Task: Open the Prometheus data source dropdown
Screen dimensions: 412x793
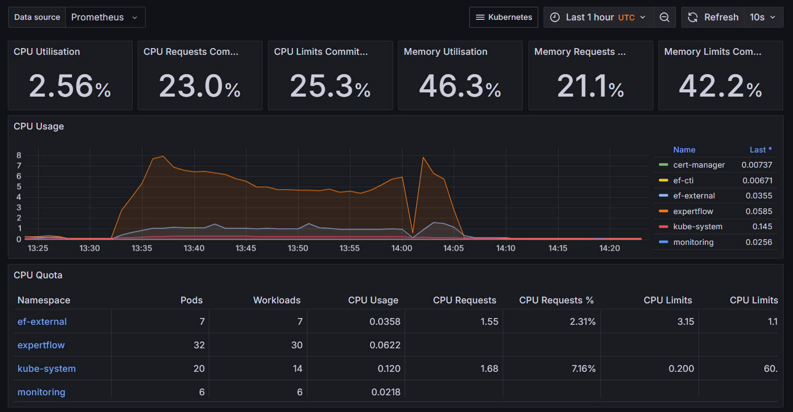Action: tap(104, 17)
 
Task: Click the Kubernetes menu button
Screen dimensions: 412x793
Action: tap(504, 17)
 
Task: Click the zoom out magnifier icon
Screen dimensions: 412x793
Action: tap(665, 17)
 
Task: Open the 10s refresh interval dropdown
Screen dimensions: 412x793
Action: tap(763, 17)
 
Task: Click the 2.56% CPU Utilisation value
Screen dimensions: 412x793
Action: tap(70, 86)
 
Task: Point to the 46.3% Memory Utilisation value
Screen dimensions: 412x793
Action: tap(460, 86)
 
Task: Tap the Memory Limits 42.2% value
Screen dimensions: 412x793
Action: tap(720, 86)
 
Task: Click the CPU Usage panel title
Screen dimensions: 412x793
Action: tap(39, 126)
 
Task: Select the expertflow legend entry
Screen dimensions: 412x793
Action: tap(693, 211)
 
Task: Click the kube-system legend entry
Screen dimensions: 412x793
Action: tap(697, 227)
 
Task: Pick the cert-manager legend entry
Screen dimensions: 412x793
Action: tap(699, 165)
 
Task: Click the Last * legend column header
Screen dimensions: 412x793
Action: tap(760, 150)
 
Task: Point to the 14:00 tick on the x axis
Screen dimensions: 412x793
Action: tap(401, 248)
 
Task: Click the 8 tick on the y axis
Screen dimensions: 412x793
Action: tap(19, 155)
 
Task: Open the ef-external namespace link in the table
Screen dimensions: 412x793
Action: tap(42, 322)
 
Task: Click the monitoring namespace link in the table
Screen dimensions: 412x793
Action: tap(41, 392)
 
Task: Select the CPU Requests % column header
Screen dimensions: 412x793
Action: tap(556, 300)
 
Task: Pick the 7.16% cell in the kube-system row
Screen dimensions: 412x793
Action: tap(583, 369)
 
